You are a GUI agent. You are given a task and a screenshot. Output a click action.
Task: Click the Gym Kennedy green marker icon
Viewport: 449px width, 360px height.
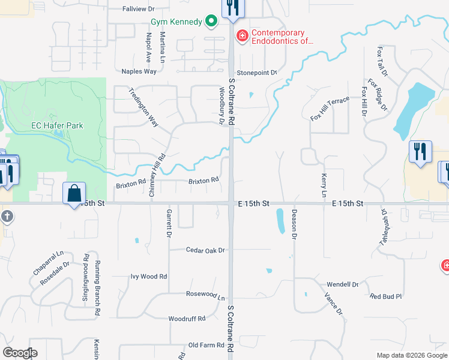(x=211, y=22)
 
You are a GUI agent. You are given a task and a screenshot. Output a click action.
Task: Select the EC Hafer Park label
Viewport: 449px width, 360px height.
(x=57, y=126)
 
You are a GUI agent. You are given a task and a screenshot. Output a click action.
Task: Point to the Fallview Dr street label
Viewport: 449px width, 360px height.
(x=139, y=9)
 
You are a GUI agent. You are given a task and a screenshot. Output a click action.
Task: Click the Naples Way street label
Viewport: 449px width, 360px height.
(x=139, y=71)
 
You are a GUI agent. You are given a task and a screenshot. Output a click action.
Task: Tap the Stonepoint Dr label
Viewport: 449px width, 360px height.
(x=256, y=73)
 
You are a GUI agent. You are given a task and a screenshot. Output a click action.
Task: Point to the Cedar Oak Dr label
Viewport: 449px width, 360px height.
(x=205, y=250)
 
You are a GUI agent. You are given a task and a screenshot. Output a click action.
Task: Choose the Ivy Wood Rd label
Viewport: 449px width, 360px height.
(x=149, y=277)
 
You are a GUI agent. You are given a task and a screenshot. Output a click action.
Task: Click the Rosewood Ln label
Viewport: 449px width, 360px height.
(x=205, y=296)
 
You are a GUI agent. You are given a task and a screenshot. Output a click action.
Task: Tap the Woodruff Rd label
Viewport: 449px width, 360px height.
(x=187, y=319)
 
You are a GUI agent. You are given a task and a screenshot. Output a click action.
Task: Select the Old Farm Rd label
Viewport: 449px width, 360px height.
(x=206, y=345)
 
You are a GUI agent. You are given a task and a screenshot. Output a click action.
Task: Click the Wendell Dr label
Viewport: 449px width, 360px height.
(x=342, y=284)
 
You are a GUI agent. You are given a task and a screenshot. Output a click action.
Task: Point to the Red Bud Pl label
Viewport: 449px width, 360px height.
(x=385, y=296)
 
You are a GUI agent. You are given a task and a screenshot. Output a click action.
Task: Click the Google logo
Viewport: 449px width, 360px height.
(x=20, y=353)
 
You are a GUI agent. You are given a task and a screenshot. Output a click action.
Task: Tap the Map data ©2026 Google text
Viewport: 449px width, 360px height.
(x=411, y=355)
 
